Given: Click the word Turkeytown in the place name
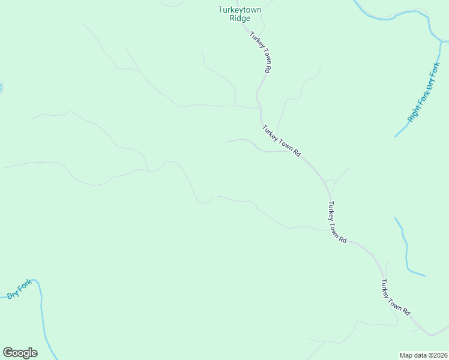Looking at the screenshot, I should (240, 10).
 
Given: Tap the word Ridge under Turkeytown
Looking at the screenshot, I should (240, 18).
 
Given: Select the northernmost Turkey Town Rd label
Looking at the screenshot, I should (261, 52).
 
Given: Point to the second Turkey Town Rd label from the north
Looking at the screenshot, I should (281, 140).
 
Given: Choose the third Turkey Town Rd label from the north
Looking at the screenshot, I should (337, 222).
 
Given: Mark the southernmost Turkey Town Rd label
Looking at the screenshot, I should (395, 298).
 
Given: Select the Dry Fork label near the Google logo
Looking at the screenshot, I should (19, 290).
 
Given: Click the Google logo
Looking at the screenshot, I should (20, 353).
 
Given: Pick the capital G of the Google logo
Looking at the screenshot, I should (8, 353).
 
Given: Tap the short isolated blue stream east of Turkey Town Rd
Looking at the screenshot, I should (407, 249).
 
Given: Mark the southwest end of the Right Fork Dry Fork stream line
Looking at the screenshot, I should (395, 136).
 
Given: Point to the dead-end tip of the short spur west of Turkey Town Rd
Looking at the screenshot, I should (226, 142).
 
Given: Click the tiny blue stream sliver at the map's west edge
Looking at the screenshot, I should (1, 88).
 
